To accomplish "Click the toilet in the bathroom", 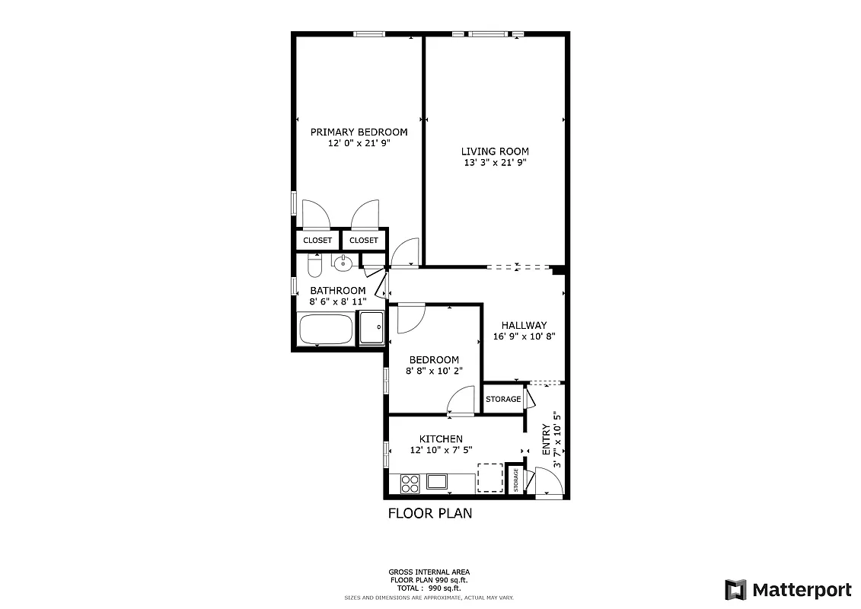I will (313, 266).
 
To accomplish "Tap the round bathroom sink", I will (343, 263).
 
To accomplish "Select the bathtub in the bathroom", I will (326, 330).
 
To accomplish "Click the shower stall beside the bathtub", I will (372, 328).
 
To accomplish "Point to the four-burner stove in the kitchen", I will (410, 483).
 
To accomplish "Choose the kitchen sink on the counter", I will (437, 481).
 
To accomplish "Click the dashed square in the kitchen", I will (490, 478).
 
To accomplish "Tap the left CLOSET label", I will (317, 241).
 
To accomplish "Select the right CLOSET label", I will (364, 241).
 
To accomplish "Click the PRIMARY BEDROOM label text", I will (359, 132).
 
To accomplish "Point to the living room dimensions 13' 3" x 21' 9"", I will (495, 162).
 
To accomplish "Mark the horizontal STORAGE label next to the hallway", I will (503, 399).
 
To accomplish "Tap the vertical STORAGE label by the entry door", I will (516, 481).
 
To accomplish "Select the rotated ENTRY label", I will (546, 440).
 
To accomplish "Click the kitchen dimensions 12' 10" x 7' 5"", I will (441, 450).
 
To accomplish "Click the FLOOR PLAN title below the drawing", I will (430, 513).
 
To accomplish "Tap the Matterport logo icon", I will (735, 589).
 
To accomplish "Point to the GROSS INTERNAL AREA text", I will (429, 572).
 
